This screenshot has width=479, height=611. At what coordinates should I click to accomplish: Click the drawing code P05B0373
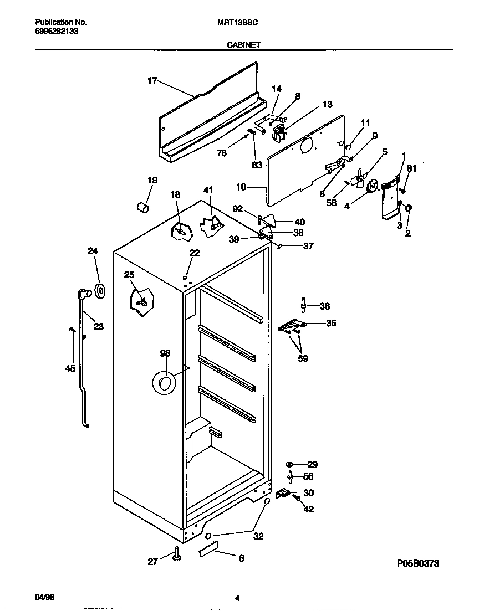[418, 563]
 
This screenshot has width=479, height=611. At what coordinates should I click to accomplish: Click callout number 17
[152, 81]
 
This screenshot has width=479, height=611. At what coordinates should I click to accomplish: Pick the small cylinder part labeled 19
[144, 207]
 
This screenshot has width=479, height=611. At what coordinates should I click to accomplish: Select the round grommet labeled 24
[100, 290]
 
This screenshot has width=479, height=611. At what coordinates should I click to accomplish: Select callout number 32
[258, 536]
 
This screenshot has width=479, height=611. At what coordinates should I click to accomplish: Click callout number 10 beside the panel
[241, 187]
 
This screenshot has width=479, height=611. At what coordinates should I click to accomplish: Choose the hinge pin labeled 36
[304, 305]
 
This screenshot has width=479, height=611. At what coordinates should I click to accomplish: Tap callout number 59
[302, 358]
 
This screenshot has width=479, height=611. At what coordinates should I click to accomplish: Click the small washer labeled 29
[289, 464]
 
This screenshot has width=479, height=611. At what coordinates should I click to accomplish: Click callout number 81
[411, 168]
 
